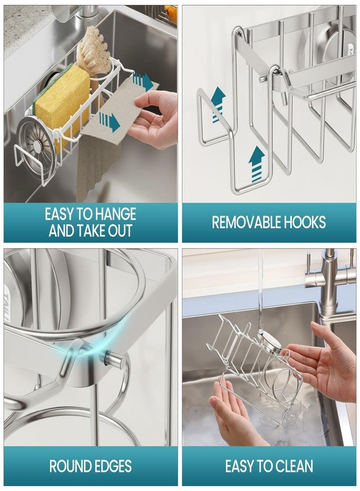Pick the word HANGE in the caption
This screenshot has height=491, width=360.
[x=116, y=214]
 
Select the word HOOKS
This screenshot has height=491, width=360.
[x=305, y=223]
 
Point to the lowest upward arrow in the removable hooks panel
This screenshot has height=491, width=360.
[x=256, y=164]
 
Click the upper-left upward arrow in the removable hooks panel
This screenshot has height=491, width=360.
[x=218, y=105]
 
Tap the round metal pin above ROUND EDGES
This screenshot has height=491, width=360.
[x=113, y=359]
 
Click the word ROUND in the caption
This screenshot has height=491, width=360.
[x=68, y=466]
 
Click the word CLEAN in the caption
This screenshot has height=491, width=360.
[x=291, y=466]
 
